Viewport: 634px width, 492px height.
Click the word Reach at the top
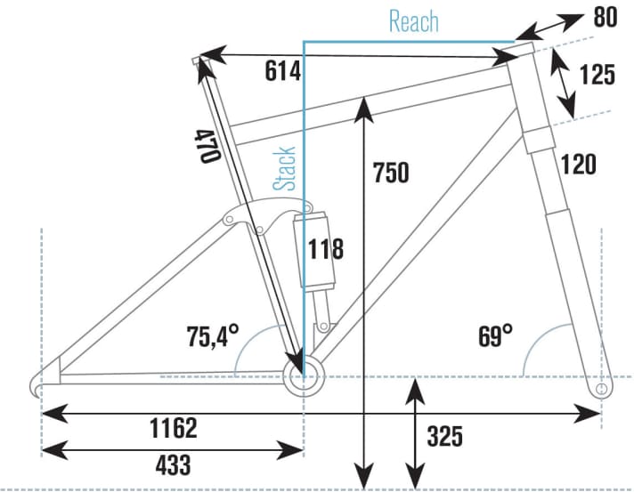[x=414, y=21]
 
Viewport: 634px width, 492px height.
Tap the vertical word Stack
[x=284, y=168]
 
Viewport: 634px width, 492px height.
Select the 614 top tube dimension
[x=283, y=71]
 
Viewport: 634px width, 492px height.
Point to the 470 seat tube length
[x=207, y=146]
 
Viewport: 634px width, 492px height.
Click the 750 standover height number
[x=391, y=173]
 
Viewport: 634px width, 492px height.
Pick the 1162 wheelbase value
[x=174, y=428]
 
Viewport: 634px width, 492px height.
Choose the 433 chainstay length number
[x=173, y=464]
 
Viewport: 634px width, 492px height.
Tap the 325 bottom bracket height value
[x=444, y=436]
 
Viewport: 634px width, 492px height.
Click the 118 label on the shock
[x=326, y=249]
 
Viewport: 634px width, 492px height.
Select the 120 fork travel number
[x=579, y=165]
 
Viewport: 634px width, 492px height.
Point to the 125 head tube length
[x=597, y=75]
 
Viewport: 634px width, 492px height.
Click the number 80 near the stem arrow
[x=606, y=18]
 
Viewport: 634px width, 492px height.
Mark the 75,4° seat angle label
[x=213, y=336]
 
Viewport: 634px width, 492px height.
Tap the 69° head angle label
[x=496, y=336]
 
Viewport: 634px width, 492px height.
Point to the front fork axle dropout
[x=602, y=389]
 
